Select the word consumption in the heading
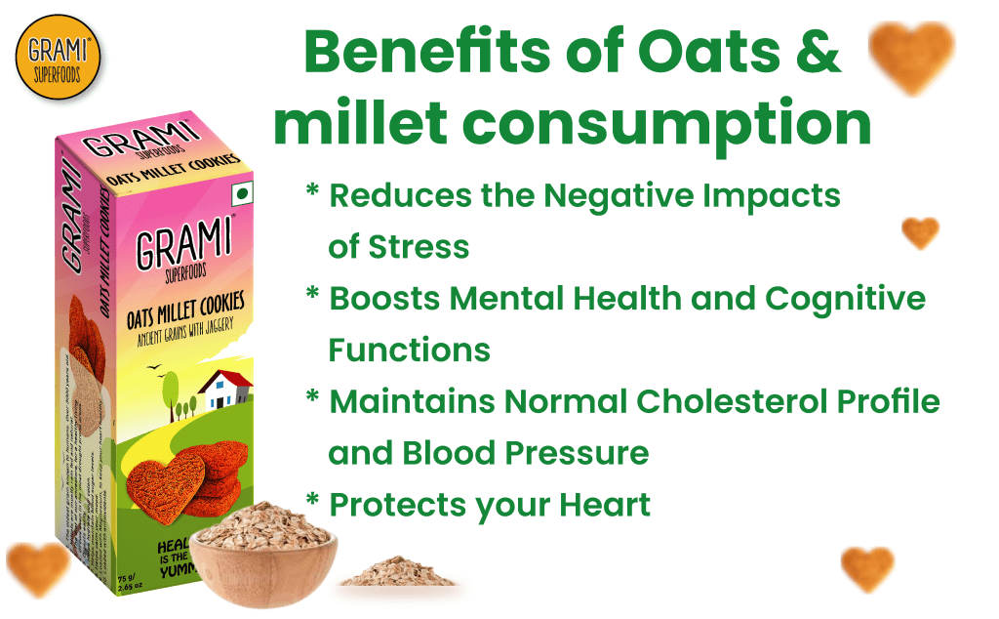pos(666,124)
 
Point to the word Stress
pos(419,246)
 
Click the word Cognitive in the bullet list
pos(853,298)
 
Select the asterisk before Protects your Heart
pos(313,501)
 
